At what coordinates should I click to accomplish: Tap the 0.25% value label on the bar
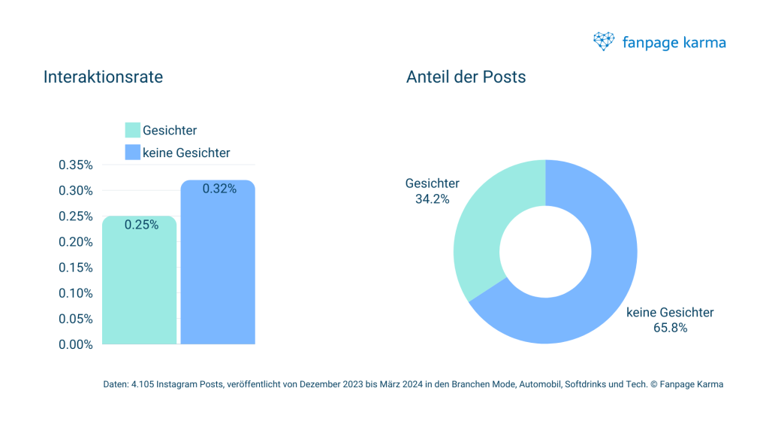click(141, 225)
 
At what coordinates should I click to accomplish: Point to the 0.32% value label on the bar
click(219, 189)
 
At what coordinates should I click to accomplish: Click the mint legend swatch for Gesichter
click(132, 131)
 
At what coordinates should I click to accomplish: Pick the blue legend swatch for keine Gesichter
click(132, 152)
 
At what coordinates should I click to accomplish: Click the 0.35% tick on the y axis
click(75, 165)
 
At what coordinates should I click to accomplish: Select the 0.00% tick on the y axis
click(75, 344)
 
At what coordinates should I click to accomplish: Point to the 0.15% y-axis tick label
click(75, 268)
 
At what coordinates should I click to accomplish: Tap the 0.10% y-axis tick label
click(75, 293)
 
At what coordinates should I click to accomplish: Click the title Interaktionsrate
click(103, 77)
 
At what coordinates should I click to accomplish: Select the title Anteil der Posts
click(466, 77)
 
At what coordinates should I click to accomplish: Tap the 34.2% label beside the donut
click(432, 199)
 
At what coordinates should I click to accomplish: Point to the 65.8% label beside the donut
click(670, 328)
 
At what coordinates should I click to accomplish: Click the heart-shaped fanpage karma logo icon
click(604, 41)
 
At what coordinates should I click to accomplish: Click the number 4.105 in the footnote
click(142, 385)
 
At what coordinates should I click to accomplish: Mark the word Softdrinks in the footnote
click(581, 385)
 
